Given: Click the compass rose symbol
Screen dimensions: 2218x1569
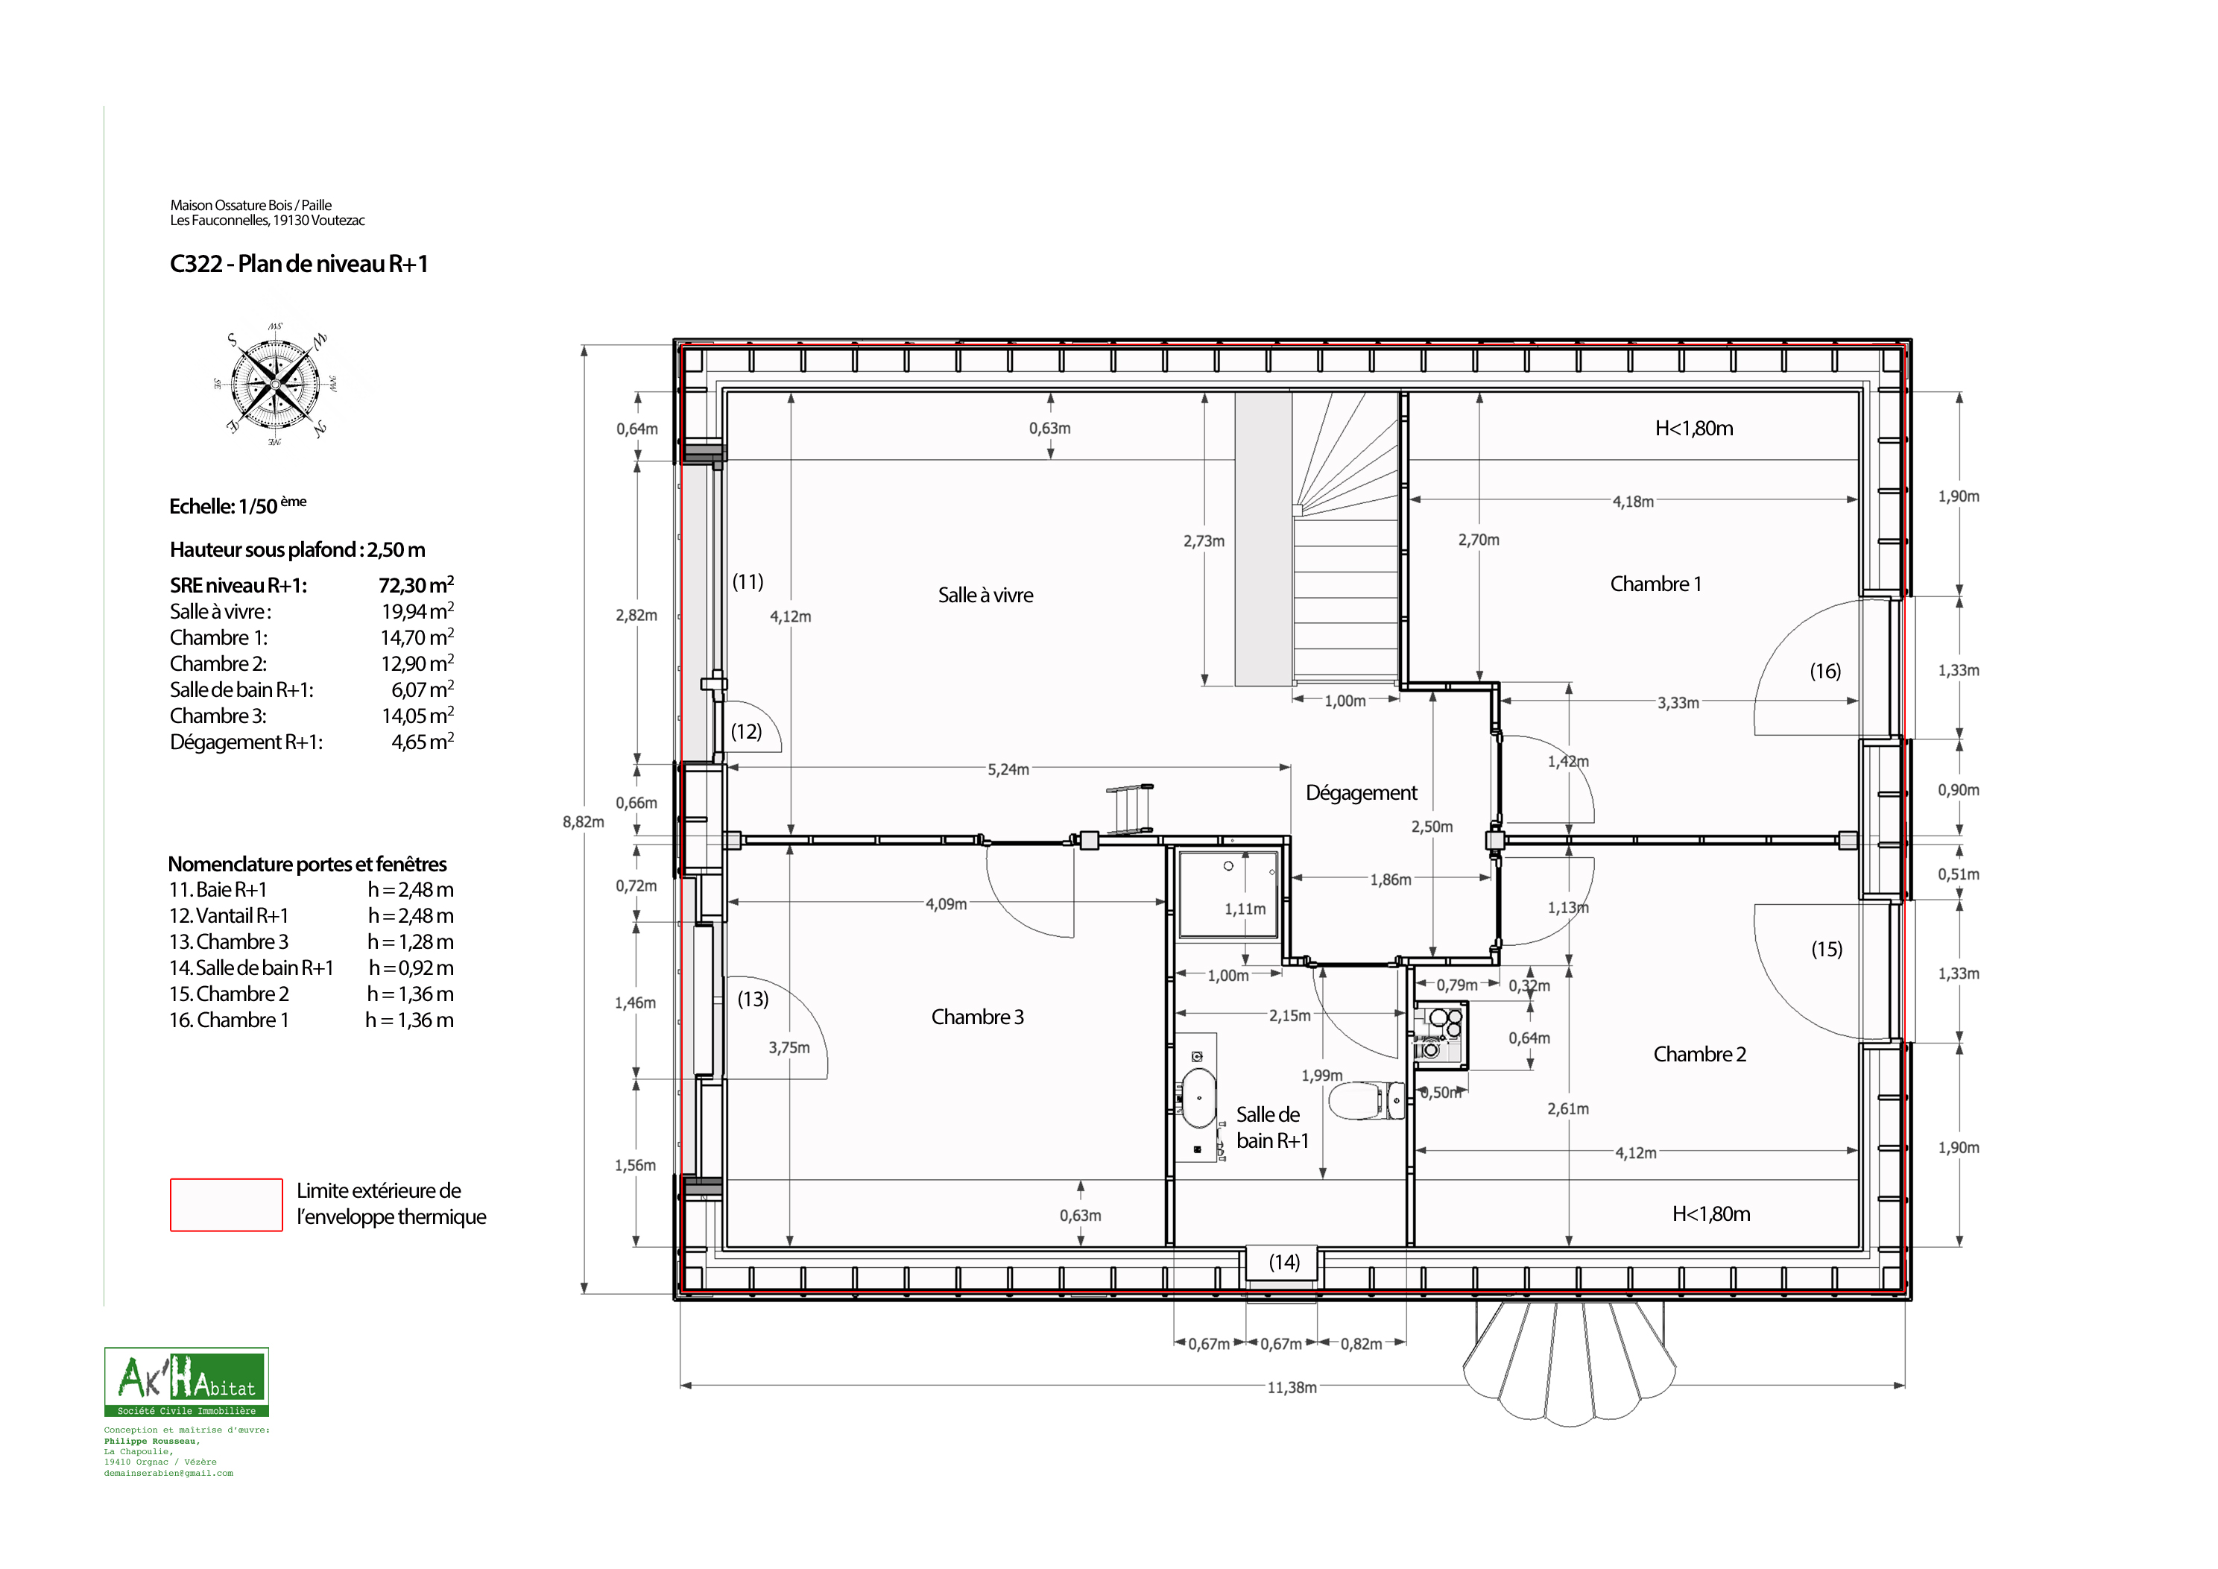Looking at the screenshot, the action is click(275, 384).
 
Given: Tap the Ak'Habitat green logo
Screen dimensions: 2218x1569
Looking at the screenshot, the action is click(186, 1382).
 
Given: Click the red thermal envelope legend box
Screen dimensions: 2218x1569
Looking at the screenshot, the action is click(226, 1205).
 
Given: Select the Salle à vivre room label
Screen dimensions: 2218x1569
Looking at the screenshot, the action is click(985, 595).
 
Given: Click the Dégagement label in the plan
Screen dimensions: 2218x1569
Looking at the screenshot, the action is click(1361, 793).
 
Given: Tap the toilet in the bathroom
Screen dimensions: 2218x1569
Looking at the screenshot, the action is click(1367, 1099).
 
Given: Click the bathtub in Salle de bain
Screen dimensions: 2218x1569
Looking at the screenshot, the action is click(1199, 1097).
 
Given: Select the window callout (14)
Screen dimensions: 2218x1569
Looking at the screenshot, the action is click(1284, 1262).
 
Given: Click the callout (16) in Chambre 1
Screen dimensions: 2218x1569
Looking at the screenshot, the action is click(1824, 672).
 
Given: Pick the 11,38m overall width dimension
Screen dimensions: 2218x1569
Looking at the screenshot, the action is click(1292, 1387).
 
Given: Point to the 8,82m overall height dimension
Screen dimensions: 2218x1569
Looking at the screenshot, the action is click(584, 822).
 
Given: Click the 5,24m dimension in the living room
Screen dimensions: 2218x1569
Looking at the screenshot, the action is click(1008, 770).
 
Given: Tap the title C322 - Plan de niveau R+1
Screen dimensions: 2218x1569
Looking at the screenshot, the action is click(299, 264).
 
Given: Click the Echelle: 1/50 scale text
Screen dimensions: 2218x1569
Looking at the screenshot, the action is click(238, 505).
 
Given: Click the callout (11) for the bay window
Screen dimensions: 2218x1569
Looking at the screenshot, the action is click(748, 581).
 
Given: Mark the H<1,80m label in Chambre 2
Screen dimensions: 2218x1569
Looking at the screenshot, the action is click(1711, 1214).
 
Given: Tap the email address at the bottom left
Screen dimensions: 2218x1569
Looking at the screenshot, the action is click(168, 1474).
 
